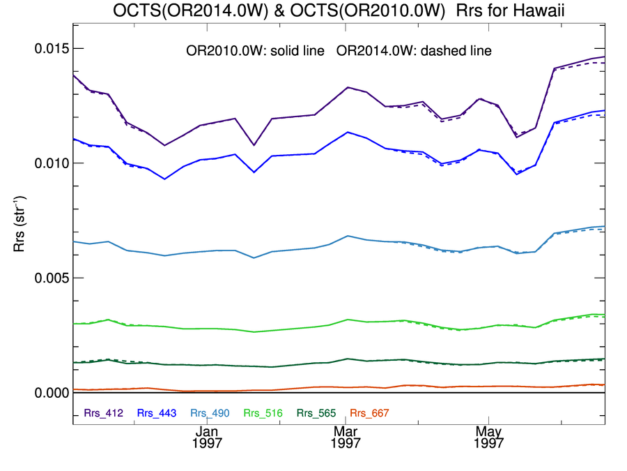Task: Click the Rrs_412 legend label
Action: point(103,413)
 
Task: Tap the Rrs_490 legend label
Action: point(209,413)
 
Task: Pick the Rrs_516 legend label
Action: point(262,413)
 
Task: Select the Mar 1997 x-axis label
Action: point(346,437)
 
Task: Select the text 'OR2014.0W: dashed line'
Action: point(414,51)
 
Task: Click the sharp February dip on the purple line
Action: point(254,145)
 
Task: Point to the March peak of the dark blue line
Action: point(347,132)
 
